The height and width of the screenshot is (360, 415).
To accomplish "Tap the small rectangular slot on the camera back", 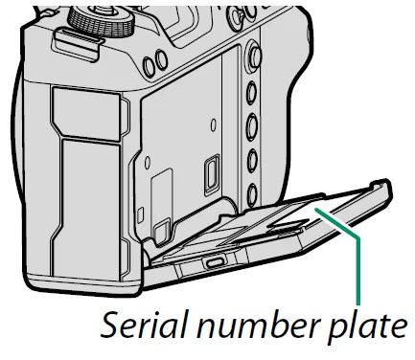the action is pyautogui.click(x=203, y=174).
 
